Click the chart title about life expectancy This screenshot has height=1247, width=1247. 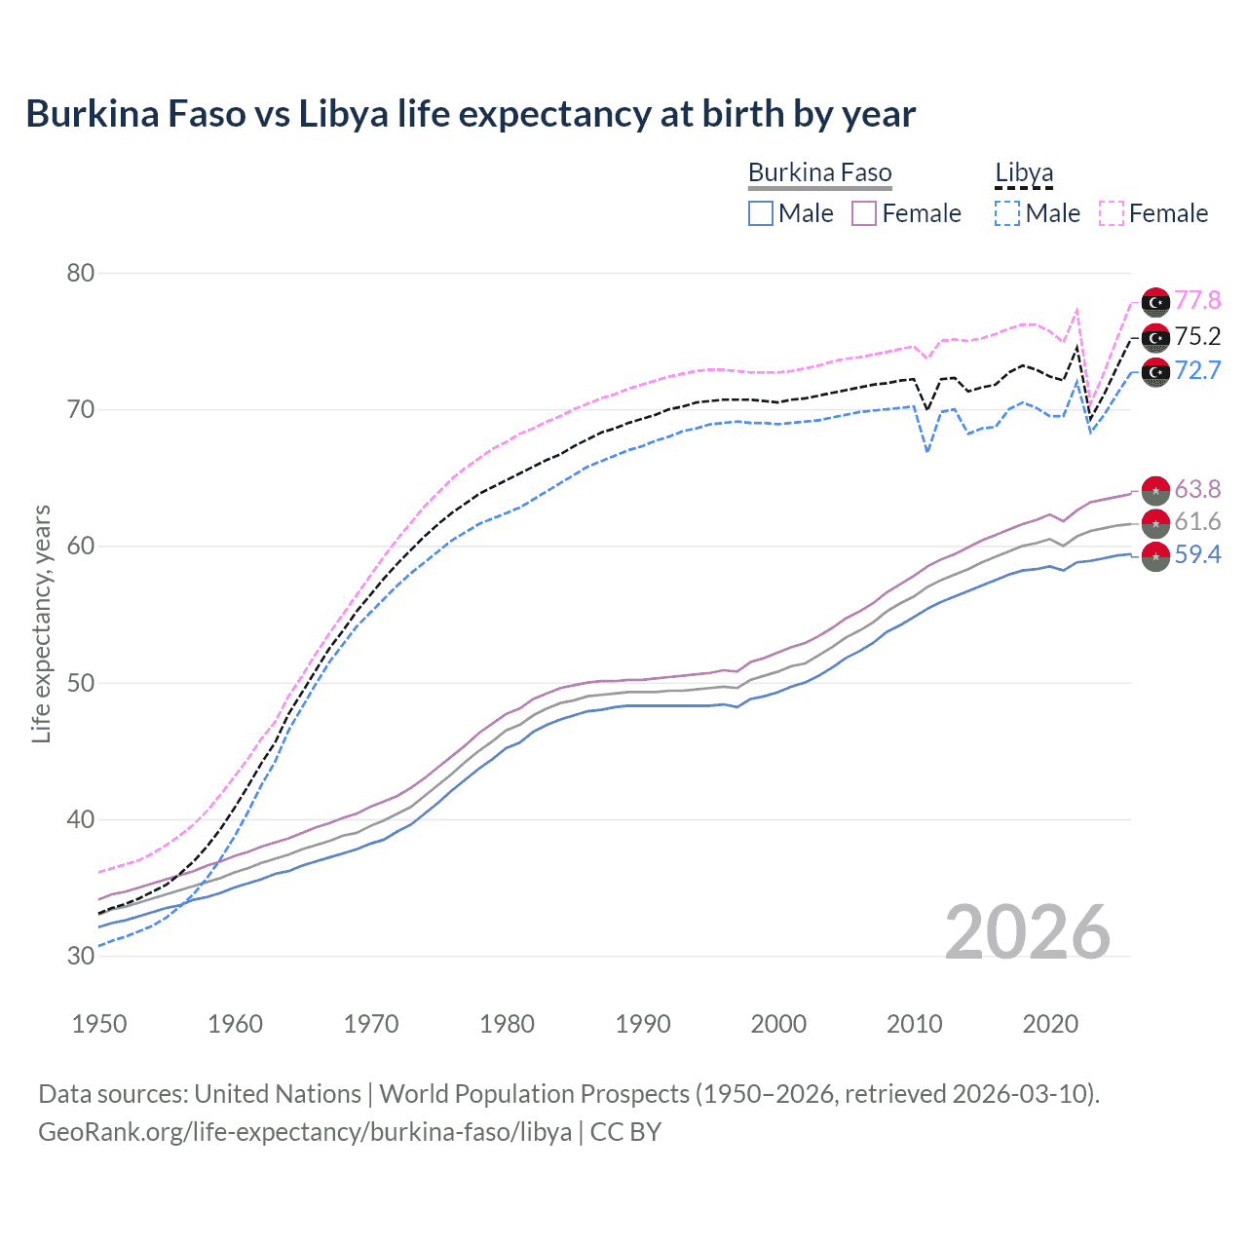point(471,114)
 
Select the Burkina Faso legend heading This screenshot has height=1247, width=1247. point(819,172)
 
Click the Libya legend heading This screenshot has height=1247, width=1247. point(1024,172)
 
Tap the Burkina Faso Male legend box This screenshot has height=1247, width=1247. point(761,213)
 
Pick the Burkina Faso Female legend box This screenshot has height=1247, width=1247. point(864,213)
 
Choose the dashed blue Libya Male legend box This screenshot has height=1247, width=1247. point(1007,213)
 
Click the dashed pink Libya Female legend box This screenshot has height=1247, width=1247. point(1112,213)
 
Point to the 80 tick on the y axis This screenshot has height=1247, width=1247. point(81,273)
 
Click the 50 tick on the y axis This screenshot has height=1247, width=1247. point(81,683)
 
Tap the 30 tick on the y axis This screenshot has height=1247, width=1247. point(81,956)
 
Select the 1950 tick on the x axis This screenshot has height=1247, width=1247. point(99,1024)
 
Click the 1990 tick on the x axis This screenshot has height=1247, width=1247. point(643,1024)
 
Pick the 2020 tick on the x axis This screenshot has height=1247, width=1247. point(1050,1024)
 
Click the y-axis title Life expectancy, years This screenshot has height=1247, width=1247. point(41,623)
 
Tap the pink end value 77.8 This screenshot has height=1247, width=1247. point(1197,300)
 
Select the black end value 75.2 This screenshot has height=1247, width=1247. point(1197,336)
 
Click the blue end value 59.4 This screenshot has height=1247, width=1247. point(1197,554)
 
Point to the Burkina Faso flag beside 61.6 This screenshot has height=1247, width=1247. point(1155,522)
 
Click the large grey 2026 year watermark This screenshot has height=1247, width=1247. point(1028,932)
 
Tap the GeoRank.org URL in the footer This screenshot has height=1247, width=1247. point(305,1132)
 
